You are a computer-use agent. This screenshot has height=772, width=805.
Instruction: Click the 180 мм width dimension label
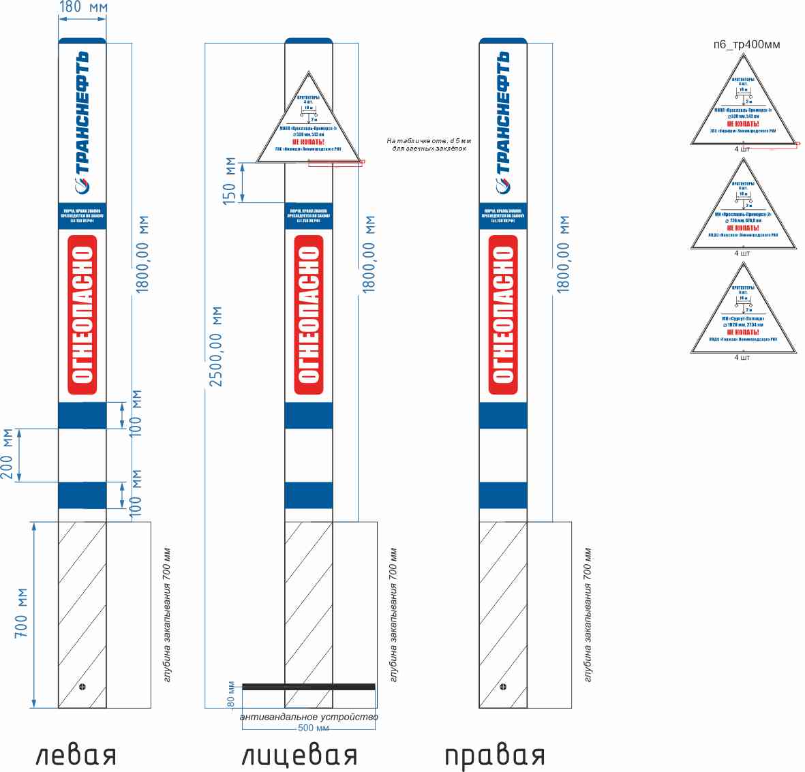tap(82, 7)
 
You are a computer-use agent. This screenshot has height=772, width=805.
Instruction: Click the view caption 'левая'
tap(76, 756)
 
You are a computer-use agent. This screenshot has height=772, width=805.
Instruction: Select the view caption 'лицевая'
tap(299, 756)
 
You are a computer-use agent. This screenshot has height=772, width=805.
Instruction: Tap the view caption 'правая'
tap(495, 756)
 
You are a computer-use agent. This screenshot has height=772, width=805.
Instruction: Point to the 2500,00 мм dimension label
tap(216, 347)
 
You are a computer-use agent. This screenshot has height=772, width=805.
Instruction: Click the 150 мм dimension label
tap(230, 181)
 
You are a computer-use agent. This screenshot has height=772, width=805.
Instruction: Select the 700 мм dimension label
tap(21, 613)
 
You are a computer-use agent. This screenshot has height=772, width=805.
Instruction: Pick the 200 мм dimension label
tap(7, 454)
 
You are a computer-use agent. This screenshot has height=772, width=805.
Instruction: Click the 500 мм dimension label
tap(314, 728)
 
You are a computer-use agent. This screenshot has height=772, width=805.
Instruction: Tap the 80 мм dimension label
tap(231, 694)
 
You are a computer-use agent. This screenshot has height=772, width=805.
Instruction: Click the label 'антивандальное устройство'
tap(309, 717)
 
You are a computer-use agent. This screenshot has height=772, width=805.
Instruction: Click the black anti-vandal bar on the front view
tap(309, 686)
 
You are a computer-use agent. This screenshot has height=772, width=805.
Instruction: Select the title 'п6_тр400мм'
tap(747, 44)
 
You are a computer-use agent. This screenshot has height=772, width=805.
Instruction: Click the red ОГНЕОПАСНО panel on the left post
tap(82, 315)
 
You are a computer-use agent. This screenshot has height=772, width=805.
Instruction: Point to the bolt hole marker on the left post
tap(83, 686)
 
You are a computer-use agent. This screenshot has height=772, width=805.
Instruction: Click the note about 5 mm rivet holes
tap(429, 144)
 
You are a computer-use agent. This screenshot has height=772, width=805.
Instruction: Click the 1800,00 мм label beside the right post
tap(564, 254)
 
